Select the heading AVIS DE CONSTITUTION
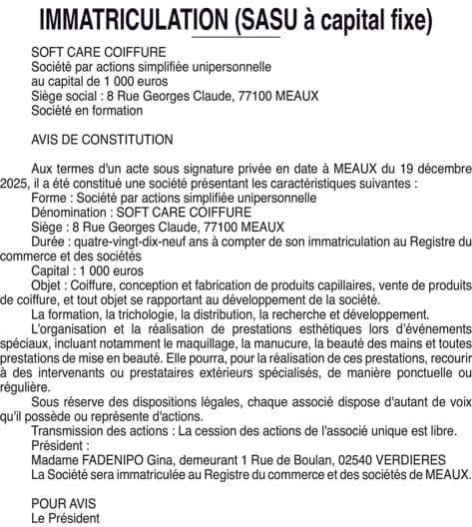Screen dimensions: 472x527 (x=102, y=140)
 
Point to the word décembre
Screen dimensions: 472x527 (x=438, y=171)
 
